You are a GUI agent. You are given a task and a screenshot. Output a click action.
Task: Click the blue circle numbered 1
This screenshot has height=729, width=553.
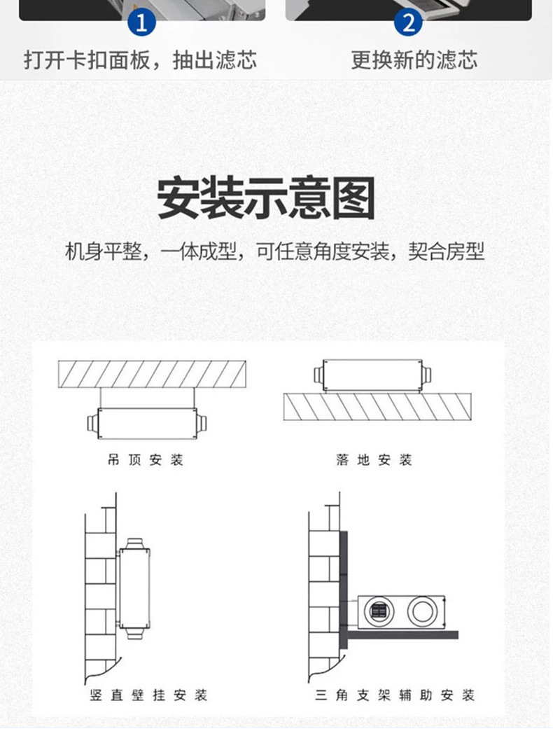coord(141,22)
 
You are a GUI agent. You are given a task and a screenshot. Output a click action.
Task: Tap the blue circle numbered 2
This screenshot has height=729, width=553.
coord(408,22)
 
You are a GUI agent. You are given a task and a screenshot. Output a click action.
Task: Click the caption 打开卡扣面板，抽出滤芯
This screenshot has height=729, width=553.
coord(140,60)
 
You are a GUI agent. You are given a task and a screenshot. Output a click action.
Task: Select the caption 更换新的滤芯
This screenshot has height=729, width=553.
coord(414,60)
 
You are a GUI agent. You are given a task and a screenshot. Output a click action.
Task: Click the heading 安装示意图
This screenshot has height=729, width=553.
coord(266,198)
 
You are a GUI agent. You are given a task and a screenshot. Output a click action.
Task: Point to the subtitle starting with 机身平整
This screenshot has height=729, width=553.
coord(274,251)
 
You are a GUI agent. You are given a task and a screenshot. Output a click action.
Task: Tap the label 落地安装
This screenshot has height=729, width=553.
coord(374,460)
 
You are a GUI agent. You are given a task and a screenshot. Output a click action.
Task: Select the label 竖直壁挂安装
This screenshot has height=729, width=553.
coord(148,695)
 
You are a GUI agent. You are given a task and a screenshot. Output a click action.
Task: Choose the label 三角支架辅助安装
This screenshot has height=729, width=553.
coord(395,695)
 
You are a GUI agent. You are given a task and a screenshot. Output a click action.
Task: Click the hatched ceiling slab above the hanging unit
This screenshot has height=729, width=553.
coord(152,374)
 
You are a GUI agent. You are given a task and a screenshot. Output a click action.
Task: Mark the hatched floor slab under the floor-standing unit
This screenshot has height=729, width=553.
coord(377,407)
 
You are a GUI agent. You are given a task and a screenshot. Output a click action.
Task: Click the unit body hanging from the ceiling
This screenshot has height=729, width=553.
coord(147,423)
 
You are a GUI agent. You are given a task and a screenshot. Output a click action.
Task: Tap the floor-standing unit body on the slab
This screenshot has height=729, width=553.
coord(372,375)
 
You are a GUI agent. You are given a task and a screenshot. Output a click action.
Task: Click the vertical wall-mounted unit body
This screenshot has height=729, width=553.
coord(134,587)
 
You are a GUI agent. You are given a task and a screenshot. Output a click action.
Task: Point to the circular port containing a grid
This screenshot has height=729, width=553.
coord(379,611)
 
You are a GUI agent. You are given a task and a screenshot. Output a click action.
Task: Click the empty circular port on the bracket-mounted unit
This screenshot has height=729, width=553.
coord(422,611)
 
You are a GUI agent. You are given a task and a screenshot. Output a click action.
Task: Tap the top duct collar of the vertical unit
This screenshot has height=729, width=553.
coord(134,543)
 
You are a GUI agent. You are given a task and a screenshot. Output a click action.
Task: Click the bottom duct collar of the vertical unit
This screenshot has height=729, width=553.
coord(134,632)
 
